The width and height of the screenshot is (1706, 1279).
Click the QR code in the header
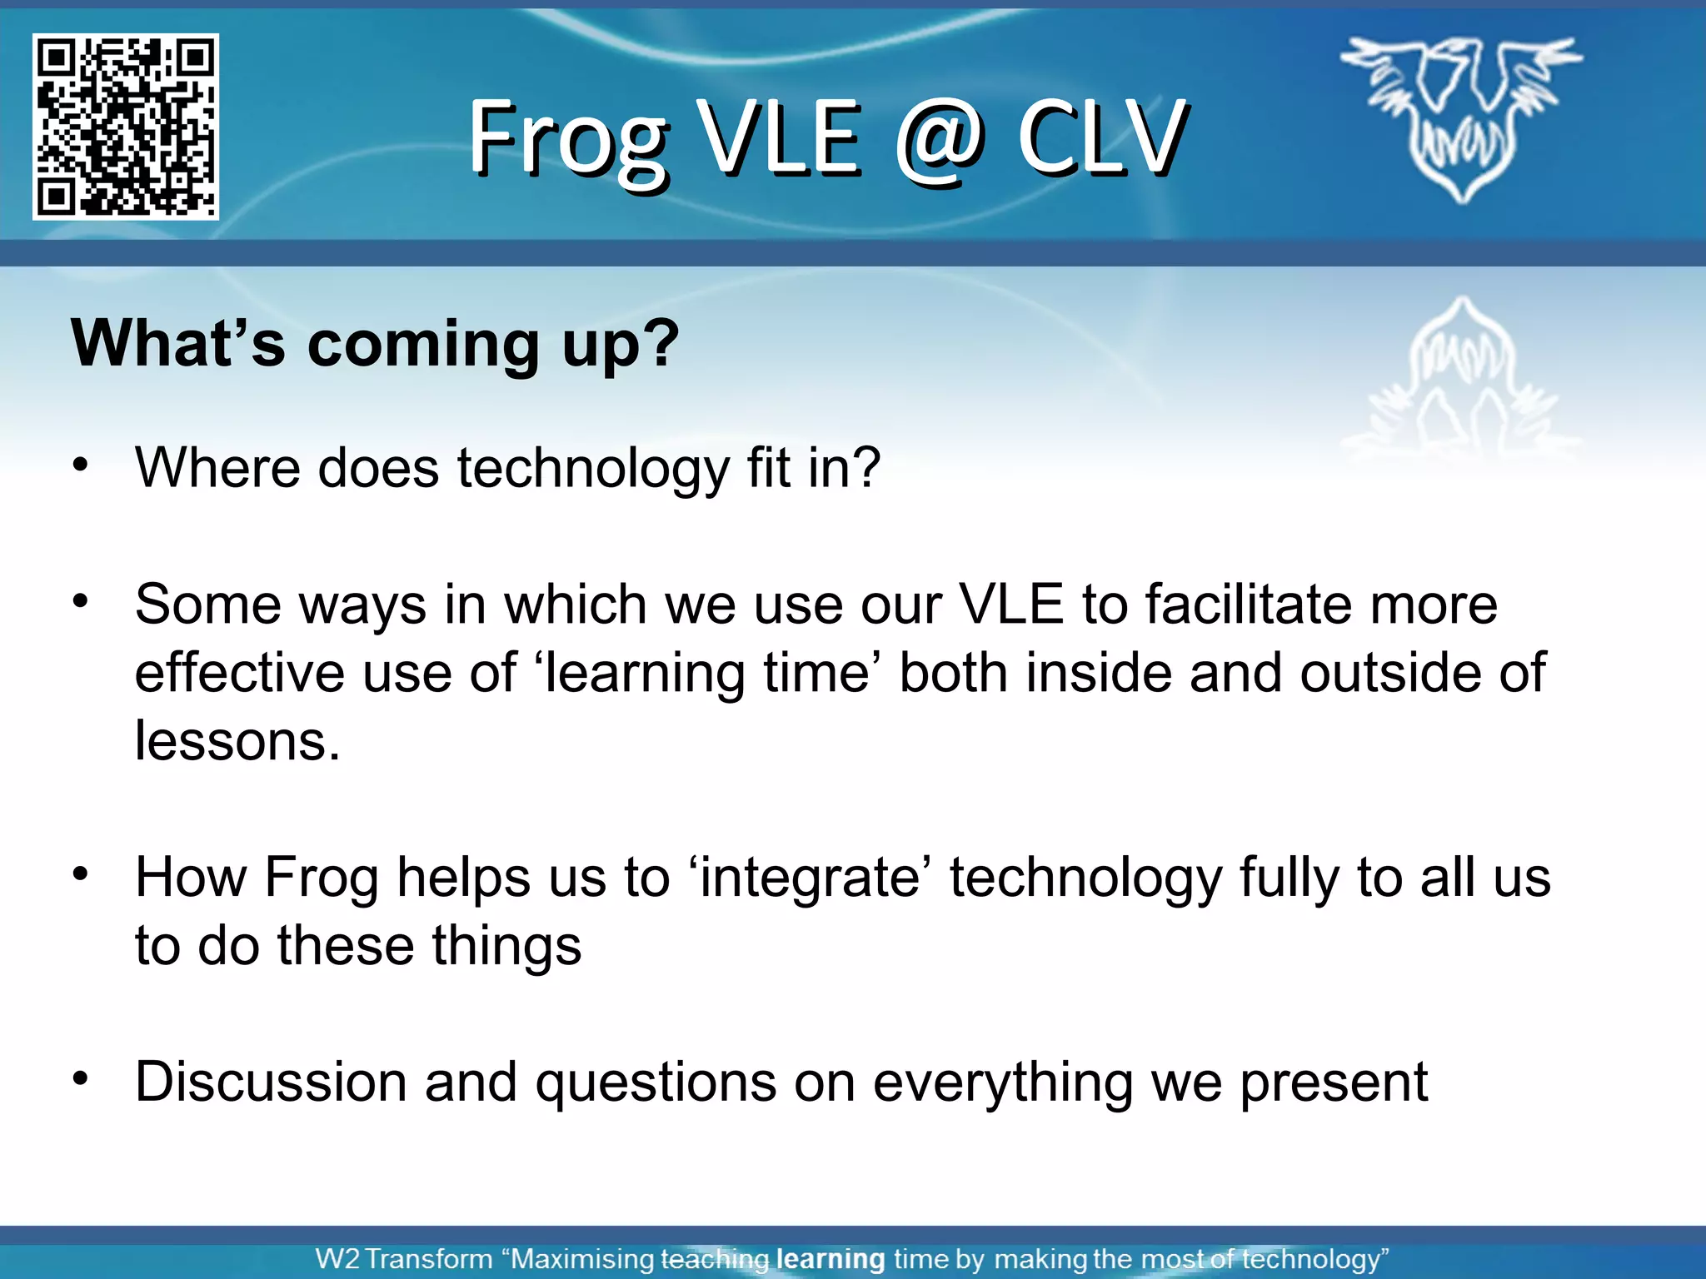(126, 127)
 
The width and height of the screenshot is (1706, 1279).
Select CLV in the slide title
(1102, 137)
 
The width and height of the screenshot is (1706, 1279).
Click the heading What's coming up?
(375, 343)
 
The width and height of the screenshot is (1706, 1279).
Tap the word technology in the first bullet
(593, 468)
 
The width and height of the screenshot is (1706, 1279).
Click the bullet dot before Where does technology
(80, 465)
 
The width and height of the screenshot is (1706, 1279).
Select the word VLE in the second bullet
(1011, 605)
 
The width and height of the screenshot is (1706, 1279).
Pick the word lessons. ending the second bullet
(237, 741)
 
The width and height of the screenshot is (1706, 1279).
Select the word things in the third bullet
(506, 947)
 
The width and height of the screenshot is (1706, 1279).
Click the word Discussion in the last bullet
(271, 1082)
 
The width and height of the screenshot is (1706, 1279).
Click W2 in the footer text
(337, 1258)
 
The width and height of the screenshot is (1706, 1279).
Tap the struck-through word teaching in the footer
(715, 1258)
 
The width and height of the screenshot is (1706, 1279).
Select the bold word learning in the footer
(830, 1258)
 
